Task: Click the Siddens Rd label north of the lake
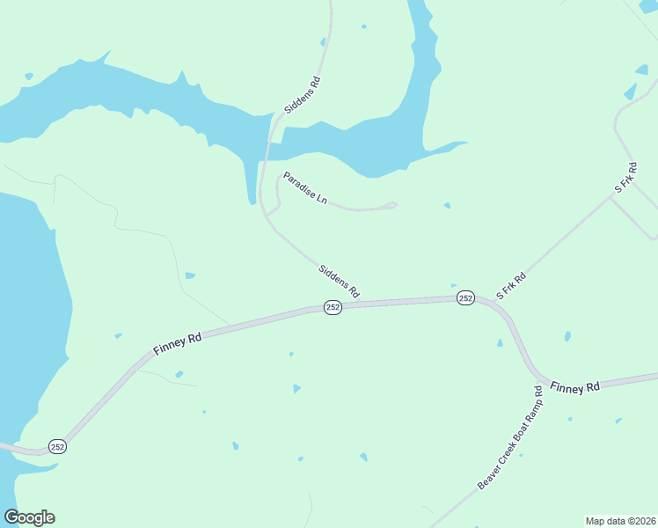(x=303, y=96)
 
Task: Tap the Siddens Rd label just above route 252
(x=340, y=280)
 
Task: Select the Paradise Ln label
(x=305, y=189)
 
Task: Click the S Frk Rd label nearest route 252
(x=511, y=287)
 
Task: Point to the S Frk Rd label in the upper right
(x=625, y=178)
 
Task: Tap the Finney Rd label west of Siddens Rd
(x=178, y=342)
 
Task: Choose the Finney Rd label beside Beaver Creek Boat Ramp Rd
(x=574, y=386)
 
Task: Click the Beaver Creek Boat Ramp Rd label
(x=511, y=437)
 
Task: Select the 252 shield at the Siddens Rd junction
(x=333, y=307)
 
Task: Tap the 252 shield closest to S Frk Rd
(x=465, y=298)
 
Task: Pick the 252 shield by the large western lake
(x=57, y=446)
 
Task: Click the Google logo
(x=29, y=517)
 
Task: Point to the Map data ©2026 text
(x=620, y=521)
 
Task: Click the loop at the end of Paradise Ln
(x=391, y=206)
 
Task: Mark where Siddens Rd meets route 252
(x=362, y=304)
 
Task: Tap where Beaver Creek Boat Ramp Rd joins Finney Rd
(x=537, y=378)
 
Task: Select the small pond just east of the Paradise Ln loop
(x=447, y=206)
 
